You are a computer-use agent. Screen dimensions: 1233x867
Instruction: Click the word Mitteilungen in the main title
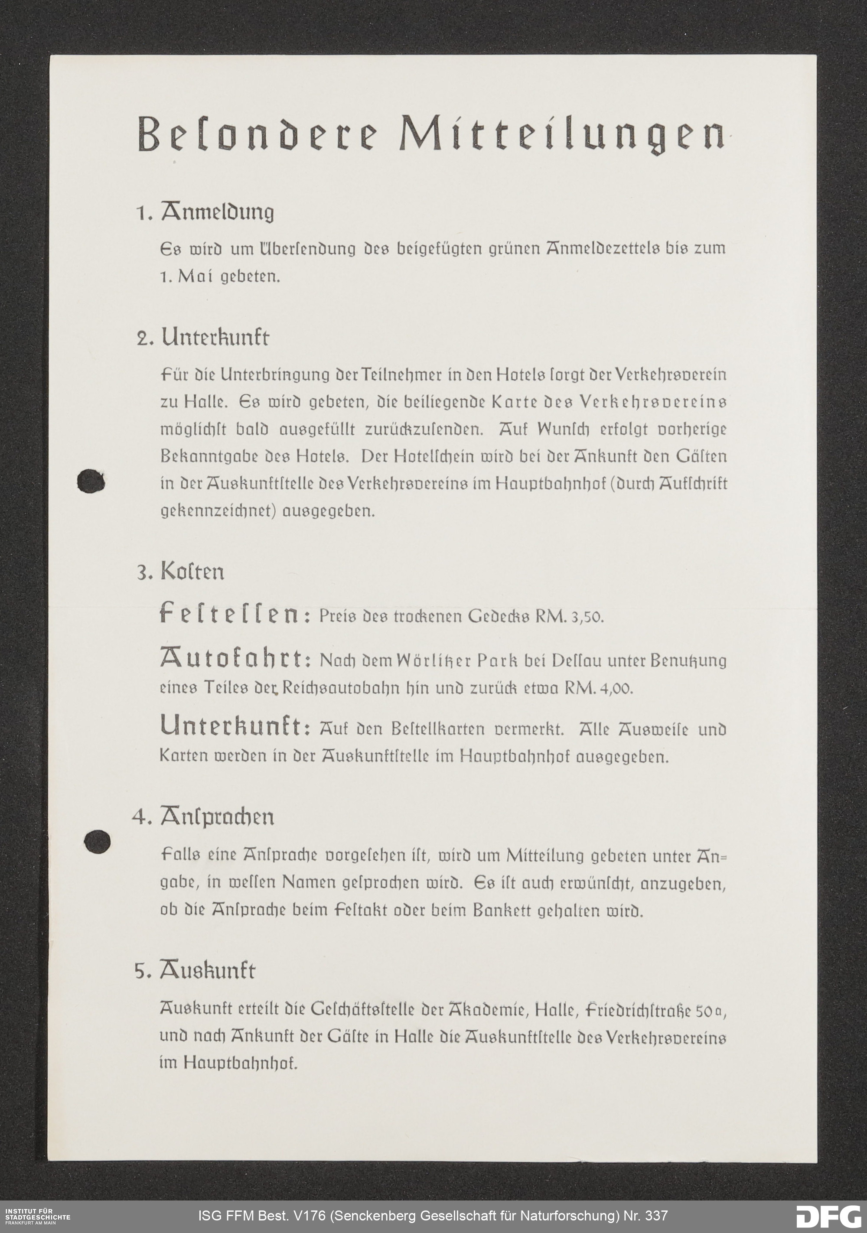(x=561, y=134)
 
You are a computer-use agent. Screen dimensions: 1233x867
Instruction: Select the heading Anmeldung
(x=217, y=213)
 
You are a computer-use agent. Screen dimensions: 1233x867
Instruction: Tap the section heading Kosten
(x=192, y=572)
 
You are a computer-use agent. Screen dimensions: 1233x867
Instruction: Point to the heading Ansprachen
(x=216, y=818)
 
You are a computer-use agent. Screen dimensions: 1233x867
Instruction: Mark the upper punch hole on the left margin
(x=91, y=481)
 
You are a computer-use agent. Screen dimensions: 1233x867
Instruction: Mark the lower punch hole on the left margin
(x=97, y=841)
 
